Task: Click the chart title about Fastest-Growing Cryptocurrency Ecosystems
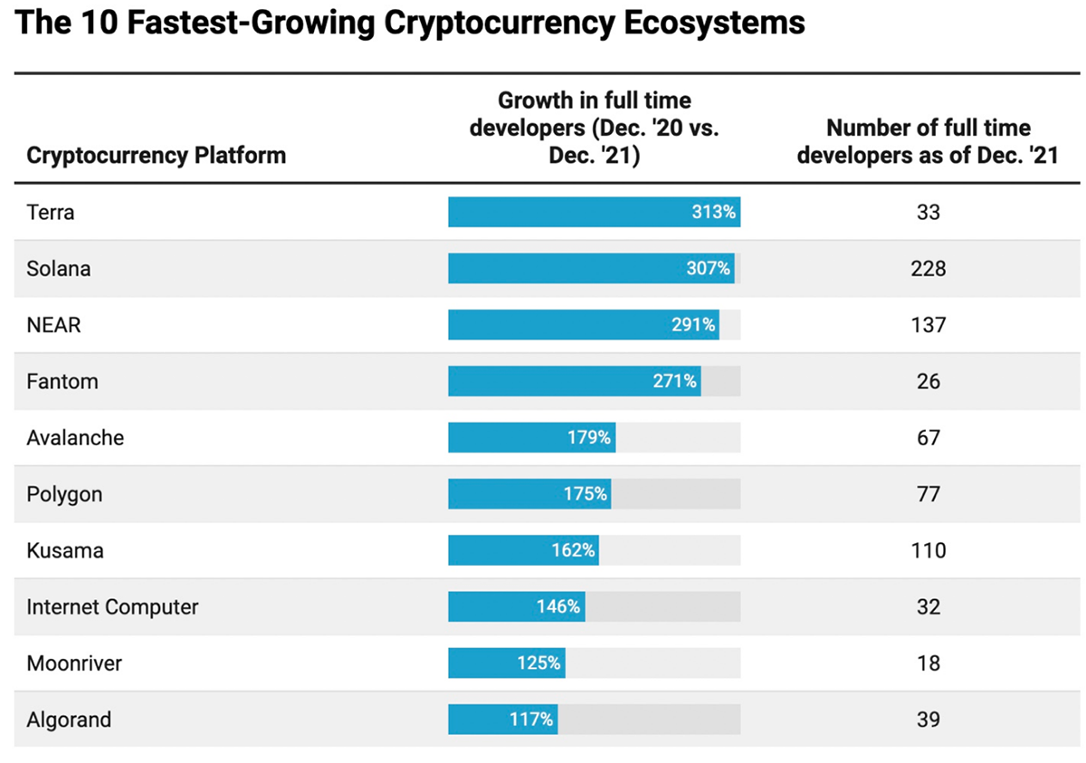click(410, 23)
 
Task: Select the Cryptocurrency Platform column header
click(156, 155)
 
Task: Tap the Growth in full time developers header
click(595, 128)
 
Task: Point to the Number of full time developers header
click(929, 141)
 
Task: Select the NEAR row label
click(54, 325)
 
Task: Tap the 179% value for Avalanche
click(588, 438)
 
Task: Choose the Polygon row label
click(64, 494)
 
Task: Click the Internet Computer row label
click(112, 606)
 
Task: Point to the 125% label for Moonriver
click(538, 663)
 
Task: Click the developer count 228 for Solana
click(929, 269)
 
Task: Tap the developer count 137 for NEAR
click(929, 325)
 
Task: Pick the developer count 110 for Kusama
click(929, 550)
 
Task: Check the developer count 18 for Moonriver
click(929, 663)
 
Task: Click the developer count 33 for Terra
click(929, 213)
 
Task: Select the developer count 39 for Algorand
click(929, 720)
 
